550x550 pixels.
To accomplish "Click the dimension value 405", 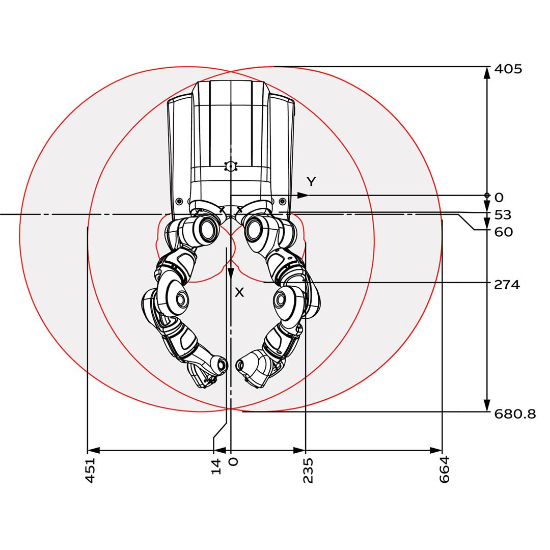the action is [x=508, y=69].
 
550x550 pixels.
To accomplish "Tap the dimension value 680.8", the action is [x=515, y=414].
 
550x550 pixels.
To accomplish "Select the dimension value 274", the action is [x=507, y=285].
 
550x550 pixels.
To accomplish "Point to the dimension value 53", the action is [x=503, y=215].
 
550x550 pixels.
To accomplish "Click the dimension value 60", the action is [x=504, y=232].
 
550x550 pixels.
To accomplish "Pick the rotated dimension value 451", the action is [x=91, y=471].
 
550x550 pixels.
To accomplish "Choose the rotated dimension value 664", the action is [x=444, y=470].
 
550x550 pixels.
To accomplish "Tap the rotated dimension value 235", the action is [x=308, y=471].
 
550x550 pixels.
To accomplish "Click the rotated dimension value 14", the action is [x=216, y=466].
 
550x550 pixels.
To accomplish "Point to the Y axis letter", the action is [x=311, y=182].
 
